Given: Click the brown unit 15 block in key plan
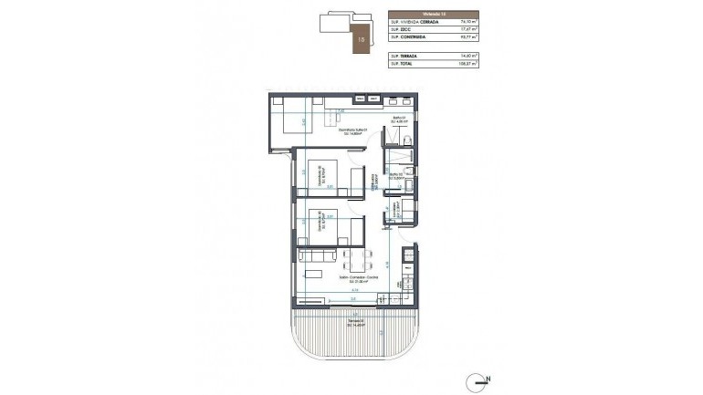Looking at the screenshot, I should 363,39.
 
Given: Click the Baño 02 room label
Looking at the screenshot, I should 396,176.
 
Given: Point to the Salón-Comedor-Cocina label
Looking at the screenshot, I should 340,280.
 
